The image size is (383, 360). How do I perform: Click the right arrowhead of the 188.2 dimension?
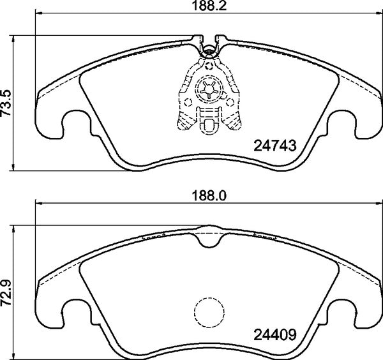pos(377,14)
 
